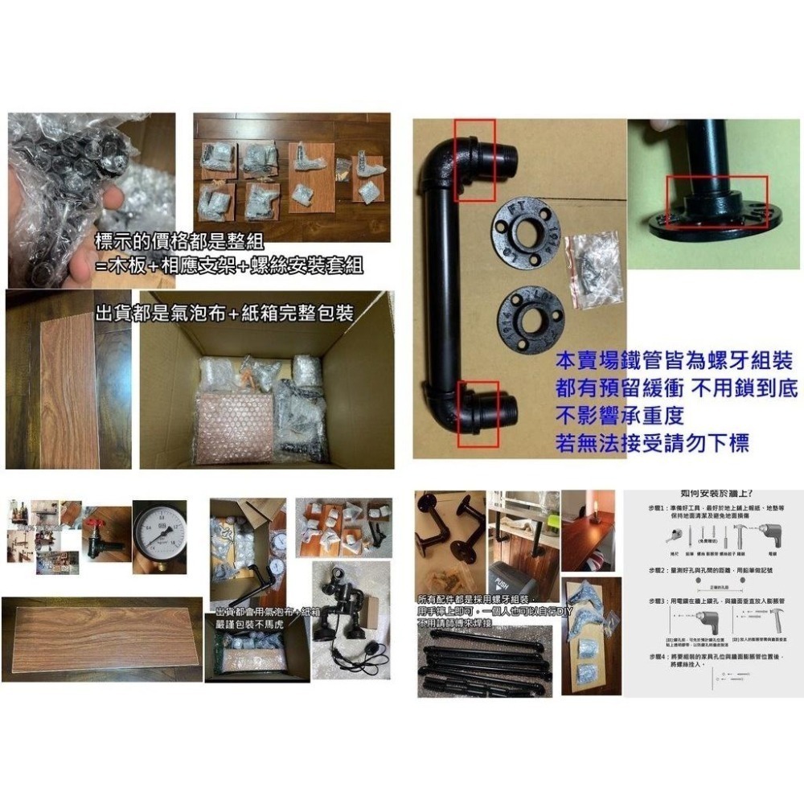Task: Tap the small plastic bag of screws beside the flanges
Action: (593, 270)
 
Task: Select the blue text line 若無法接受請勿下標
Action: (658, 441)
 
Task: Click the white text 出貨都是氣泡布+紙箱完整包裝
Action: (224, 312)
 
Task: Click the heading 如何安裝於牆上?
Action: (716, 494)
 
